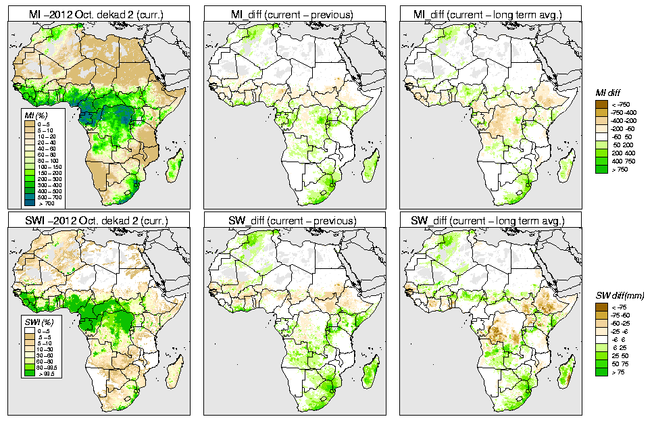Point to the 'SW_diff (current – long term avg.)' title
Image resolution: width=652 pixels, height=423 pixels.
492,220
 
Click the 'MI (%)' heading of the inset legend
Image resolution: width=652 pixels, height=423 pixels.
32,116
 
